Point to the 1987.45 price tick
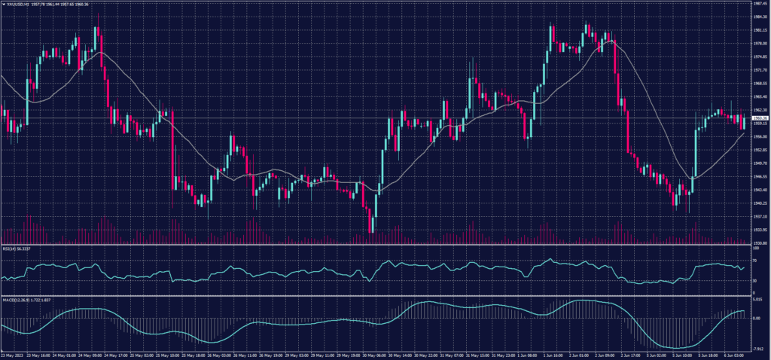pos(760,3)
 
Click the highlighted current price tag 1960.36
pos(760,118)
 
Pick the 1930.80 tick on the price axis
pos(760,243)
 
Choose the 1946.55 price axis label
pos(760,176)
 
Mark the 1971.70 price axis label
pos(760,69)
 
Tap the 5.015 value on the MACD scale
pos(758,301)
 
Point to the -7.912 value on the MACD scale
pos(758,349)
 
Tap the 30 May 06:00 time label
pos(373,355)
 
